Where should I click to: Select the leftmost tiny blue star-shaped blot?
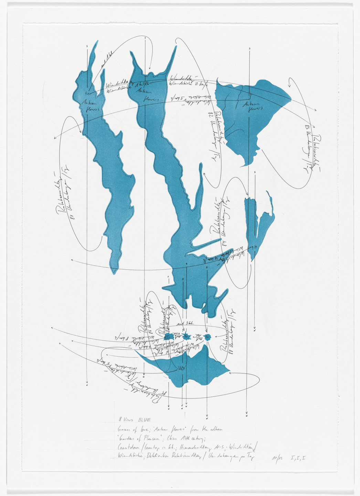[x=169, y=337]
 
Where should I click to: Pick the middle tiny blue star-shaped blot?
[x=187, y=337]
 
